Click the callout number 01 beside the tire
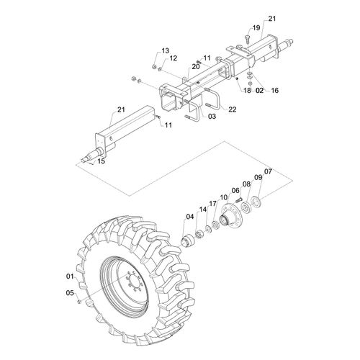[x=70, y=276]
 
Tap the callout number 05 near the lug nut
[x=70, y=293]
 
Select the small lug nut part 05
[x=78, y=301]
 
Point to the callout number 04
[x=189, y=217]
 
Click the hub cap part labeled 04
[x=188, y=240]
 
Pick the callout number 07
[x=268, y=171]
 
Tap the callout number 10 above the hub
[x=223, y=197]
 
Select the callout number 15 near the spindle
[x=102, y=161]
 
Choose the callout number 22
[x=233, y=109]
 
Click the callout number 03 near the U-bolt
[x=212, y=117]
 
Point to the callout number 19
[x=256, y=28]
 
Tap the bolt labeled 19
[x=248, y=38]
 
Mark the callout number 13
[x=165, y=50]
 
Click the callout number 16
[x=274, y=90]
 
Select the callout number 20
[x=196, y=66]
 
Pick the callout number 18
[x=247, y=90]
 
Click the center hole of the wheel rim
[x=135, y=283]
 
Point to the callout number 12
[x=174, y=58]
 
